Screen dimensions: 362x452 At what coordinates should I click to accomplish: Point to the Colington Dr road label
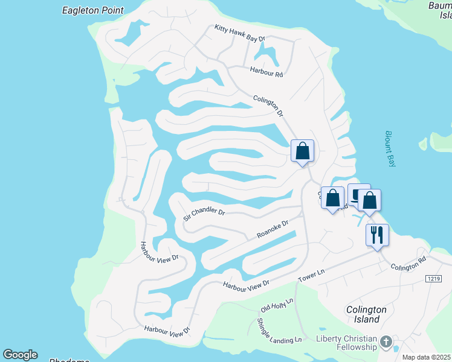(268, 106)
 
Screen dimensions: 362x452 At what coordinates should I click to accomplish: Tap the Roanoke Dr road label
(273, 229)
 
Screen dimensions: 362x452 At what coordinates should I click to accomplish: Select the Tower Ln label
(312, 276)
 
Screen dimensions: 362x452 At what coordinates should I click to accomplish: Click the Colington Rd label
(408, 266)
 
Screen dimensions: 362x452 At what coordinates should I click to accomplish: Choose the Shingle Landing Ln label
(279, 331)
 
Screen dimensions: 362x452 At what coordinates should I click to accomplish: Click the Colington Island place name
(366, 314)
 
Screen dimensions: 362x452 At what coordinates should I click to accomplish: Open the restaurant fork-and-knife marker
(377, 234)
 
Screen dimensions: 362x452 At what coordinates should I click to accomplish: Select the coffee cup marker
(358, 193)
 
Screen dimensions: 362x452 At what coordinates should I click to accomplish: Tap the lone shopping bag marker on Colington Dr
(302, 151)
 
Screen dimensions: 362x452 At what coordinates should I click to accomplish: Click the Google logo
(20, 355)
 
